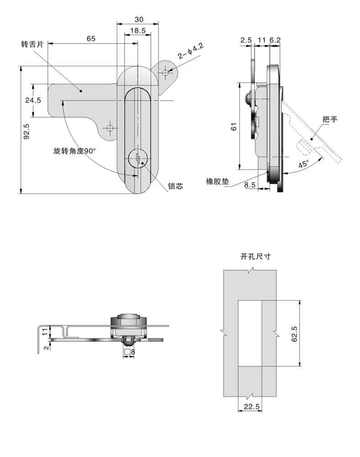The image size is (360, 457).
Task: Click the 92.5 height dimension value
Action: click(x=26, y=131)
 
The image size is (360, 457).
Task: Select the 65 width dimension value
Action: click(x=91, y=38)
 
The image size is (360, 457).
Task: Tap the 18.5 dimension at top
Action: click(x=138, y=31)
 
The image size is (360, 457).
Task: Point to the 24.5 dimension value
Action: click(x=33, y=100)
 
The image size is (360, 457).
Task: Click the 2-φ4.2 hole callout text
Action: click(x=191, y=51)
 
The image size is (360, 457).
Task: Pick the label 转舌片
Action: click(x=32, y=44)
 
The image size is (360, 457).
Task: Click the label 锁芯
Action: click(x=175, y=186)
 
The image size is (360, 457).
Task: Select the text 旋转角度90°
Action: click(x=74, y=151)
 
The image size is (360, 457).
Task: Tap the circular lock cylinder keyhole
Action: click(x=138, y=159)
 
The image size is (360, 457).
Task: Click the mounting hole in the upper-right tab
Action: click(x=165, y=73)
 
